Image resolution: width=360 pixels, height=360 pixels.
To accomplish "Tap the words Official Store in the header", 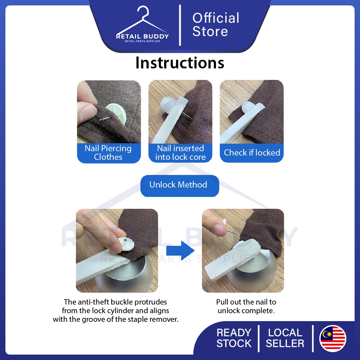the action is (x=216, y=24).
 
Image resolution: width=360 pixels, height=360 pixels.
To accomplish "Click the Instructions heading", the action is (x=180, y=62).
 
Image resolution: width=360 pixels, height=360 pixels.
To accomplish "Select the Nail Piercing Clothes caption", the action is (x=108, y=153).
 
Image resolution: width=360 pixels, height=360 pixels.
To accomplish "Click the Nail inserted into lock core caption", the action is (x=180, y=153).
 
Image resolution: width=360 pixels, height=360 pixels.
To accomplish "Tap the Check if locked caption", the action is (x=252, y=152).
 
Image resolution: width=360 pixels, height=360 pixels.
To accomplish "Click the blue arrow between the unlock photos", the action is (x=180, y=250).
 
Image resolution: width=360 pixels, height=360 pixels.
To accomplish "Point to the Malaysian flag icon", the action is (x=333, y=338).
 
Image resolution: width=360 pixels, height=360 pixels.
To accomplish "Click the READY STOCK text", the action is (x=234, y=338).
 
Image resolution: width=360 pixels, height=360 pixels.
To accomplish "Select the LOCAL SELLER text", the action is (x=285, y=338).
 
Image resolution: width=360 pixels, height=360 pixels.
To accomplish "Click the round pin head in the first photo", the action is (x=116, y=114).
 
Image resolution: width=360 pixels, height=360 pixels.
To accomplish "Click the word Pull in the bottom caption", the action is (x=222, y=302).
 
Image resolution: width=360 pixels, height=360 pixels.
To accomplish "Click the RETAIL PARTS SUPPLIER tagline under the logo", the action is (x=143, y=41).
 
